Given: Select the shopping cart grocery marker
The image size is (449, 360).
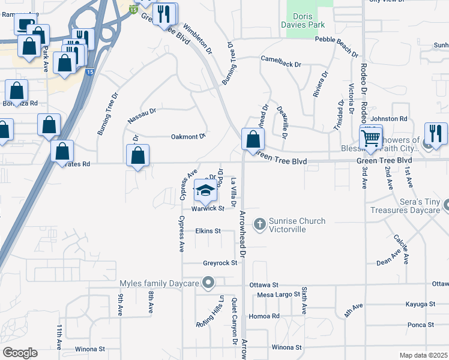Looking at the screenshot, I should (372, 139).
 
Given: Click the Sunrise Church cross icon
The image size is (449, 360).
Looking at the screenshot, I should (260, 225).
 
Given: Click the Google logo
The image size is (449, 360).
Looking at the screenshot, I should (20, 353).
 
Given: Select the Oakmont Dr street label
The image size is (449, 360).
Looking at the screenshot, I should (188, 137).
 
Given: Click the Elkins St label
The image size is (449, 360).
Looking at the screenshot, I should (208, 230).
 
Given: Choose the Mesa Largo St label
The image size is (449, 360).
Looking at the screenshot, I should (278, 294).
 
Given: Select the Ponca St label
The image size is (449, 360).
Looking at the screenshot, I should (420, 325).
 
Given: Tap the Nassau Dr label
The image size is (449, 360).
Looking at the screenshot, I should (142, 116).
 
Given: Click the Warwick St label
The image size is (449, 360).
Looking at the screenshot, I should (208, 209).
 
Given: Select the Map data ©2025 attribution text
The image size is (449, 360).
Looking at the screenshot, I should (423, 355).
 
